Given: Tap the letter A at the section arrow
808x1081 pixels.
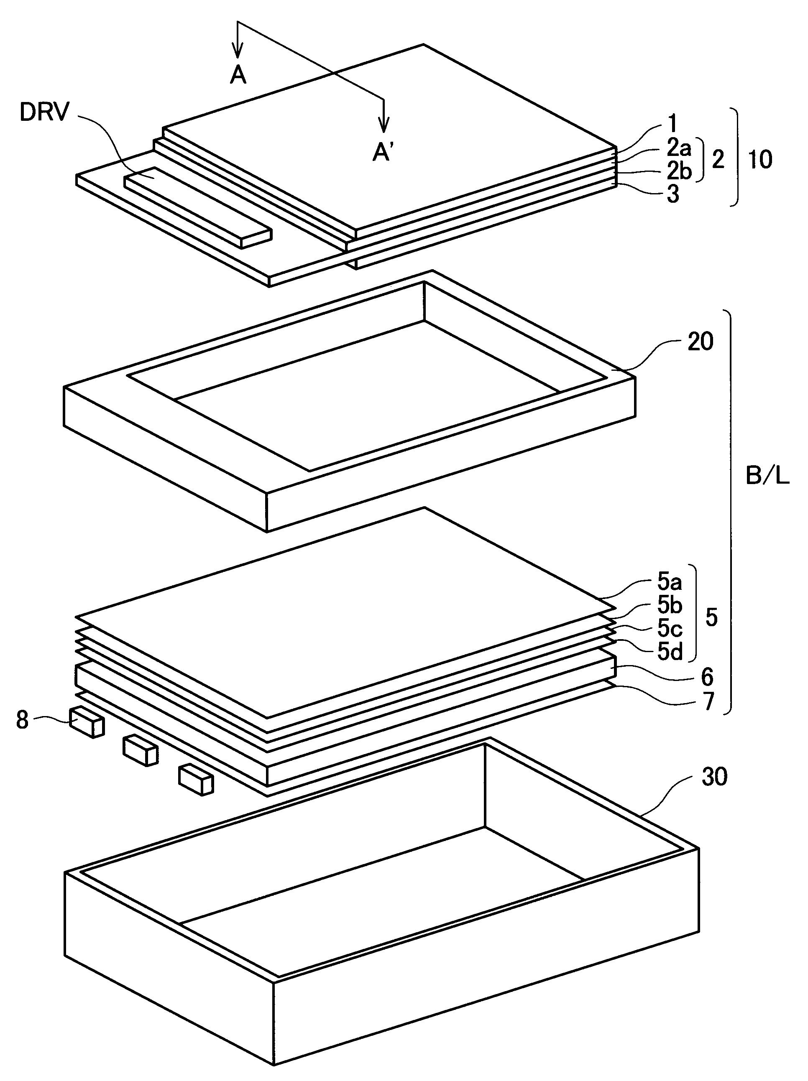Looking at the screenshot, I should (x=238, y=75).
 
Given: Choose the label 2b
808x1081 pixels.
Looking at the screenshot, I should (x=678, y=171).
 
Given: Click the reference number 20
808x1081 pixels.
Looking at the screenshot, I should (x=700, y=342).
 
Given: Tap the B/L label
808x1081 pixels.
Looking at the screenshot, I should (x=767, y=477).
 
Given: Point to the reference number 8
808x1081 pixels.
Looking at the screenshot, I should (x=23, y=720).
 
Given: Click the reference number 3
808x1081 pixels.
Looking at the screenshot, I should (x=673, y=195).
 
